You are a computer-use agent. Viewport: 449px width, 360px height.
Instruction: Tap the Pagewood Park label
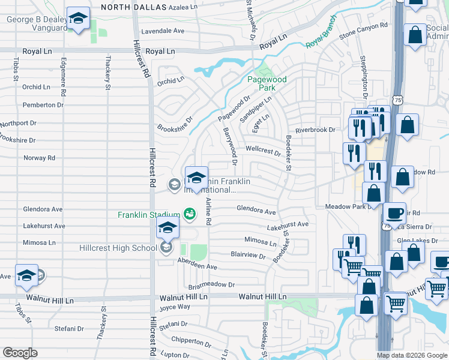267,83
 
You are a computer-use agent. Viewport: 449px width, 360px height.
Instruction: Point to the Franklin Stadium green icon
189,214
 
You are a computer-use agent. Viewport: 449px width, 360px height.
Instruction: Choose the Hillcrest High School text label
118,248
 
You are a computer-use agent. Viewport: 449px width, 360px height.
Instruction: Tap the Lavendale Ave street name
162,31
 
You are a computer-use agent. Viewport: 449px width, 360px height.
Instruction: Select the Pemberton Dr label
43,105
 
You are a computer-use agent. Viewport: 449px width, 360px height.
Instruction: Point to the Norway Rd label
39,158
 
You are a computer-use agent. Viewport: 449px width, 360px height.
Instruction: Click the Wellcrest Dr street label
263,150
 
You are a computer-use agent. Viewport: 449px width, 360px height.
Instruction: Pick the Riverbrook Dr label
313,130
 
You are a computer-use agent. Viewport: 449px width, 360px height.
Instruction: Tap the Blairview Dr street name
248,255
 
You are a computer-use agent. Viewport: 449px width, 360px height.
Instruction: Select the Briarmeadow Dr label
211,286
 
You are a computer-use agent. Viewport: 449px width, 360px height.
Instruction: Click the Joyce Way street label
175,307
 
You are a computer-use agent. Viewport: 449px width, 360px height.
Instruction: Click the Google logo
20,353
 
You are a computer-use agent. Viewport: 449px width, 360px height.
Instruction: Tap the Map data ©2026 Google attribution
411,355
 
